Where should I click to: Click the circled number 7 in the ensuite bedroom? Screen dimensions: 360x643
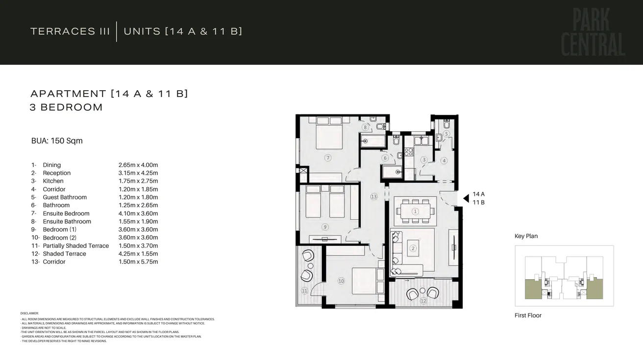pyautogui.click(x=328, y=158)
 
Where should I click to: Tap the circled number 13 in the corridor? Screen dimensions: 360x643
pyautogui.click(x=374, y=196)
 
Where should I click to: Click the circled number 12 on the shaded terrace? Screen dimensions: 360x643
pyautogui.click(x=423, y=301)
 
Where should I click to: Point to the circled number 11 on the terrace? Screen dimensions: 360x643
pyautogui.click(x=304, y=291)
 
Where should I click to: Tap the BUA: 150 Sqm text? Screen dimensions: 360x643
pyautogui.click(x=57, y=141)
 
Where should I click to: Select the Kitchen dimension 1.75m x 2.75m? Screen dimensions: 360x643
pyautogui.click(x=138, y=181)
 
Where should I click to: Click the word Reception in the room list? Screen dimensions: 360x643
pyautogui.click(x=57, y=173)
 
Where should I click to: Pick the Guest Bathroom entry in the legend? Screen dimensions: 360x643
pyautogui.click(x=65, y=197)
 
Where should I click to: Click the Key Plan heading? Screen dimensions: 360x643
pyautogui.click(x=526, y=236)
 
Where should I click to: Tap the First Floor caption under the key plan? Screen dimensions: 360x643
pyautogui.click(x=528, y=315)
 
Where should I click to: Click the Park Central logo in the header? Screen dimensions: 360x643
pyautogui.click(x=593, y=33)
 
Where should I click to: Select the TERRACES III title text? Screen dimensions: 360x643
pyautogui.click(x=70, y=31)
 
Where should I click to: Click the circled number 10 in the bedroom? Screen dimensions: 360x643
pyautogui.click(x=341, y=281)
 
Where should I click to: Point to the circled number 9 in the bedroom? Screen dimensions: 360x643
pyautogui.click(x=324, y=227)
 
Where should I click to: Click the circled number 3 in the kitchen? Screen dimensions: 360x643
pyautogui.click(x=424, y=160)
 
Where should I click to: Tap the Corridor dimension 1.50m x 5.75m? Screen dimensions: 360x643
pyautogui.click(x=138, y=262)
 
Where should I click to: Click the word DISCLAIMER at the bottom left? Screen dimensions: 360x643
pyautogui.click(x=29, y=313)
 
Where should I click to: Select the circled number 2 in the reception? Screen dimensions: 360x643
pyautogui.click(x=413, y=248)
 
